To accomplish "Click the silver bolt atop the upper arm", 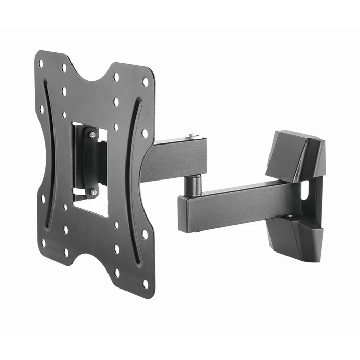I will tap(192, 136).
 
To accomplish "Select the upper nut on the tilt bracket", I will tap(93, 135).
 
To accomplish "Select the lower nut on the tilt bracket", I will tap(93, 192).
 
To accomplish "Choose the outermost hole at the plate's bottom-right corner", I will tap(146, 282).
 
